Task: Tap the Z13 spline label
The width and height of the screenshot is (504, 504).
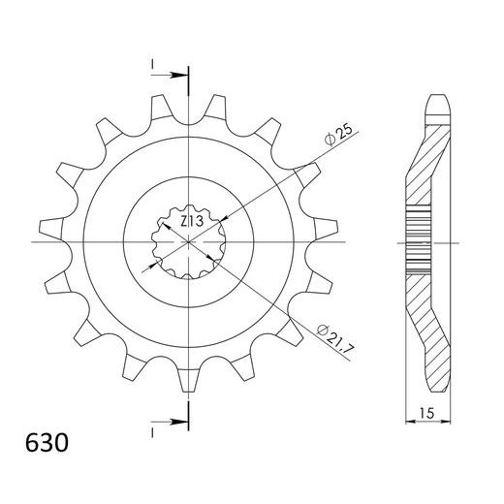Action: coord(192,221)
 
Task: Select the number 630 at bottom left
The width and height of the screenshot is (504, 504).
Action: coord(47,443)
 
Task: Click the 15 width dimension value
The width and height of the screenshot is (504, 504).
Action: coord(427,413)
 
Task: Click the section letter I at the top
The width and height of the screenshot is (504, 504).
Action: coord(151,64)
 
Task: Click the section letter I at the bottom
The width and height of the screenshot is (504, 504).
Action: coord(152,433)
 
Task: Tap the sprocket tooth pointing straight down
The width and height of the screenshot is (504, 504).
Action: coord(189,381)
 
